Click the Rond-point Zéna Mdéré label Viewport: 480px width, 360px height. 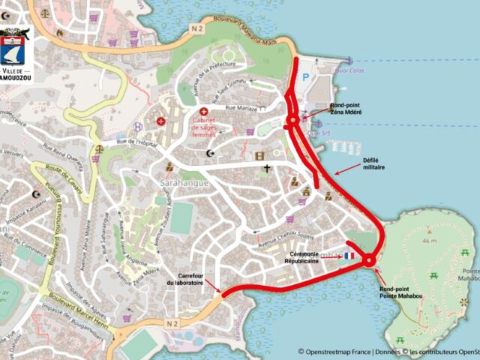click(345, 109)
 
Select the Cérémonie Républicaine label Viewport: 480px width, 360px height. click(321, 256)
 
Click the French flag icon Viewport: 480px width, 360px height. click(349, 256)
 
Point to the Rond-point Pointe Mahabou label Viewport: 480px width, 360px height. click(397, 292)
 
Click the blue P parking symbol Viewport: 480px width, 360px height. click(305, 77)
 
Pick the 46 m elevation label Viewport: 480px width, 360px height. click(428, 241)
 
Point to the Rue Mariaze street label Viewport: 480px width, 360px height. click(235, 109)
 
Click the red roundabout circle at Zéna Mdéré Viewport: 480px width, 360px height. click(292, 121)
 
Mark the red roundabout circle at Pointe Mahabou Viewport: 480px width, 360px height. click(369, 260)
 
